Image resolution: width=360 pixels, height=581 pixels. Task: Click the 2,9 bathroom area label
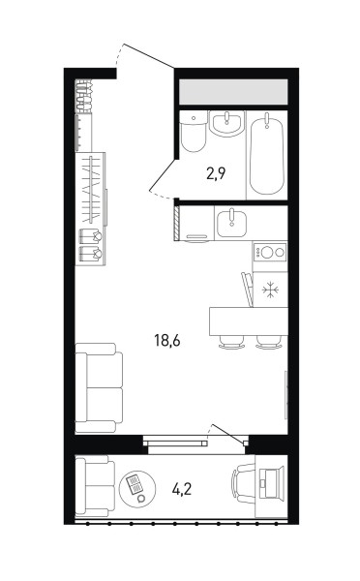[x=216, y=173]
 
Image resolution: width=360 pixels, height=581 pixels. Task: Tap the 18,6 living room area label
[x=167, y=340]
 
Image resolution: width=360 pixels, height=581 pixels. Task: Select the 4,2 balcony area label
[x=182, y=489]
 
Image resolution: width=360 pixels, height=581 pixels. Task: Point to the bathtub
[x=267, y=154]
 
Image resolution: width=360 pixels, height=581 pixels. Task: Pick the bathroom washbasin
[x=227, y=123]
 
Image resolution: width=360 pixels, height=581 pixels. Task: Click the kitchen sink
[x=232, y=224]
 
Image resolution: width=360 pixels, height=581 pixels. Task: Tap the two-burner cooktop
[x=270, y=253]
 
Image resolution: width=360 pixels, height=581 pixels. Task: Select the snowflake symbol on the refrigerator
[x=270, y=290]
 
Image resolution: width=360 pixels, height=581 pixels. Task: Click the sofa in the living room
[x=99, y=387]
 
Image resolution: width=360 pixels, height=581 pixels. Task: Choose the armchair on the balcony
[x=95, y=486]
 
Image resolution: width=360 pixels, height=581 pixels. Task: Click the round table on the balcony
[x=137, y=489]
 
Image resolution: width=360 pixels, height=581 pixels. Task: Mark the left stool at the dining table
[x=232, y=343]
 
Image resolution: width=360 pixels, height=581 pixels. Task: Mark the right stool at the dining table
[x=269, y=343]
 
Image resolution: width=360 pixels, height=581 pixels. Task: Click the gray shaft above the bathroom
[x=233, y=92]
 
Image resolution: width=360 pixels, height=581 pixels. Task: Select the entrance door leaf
[x=149, y=56]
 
